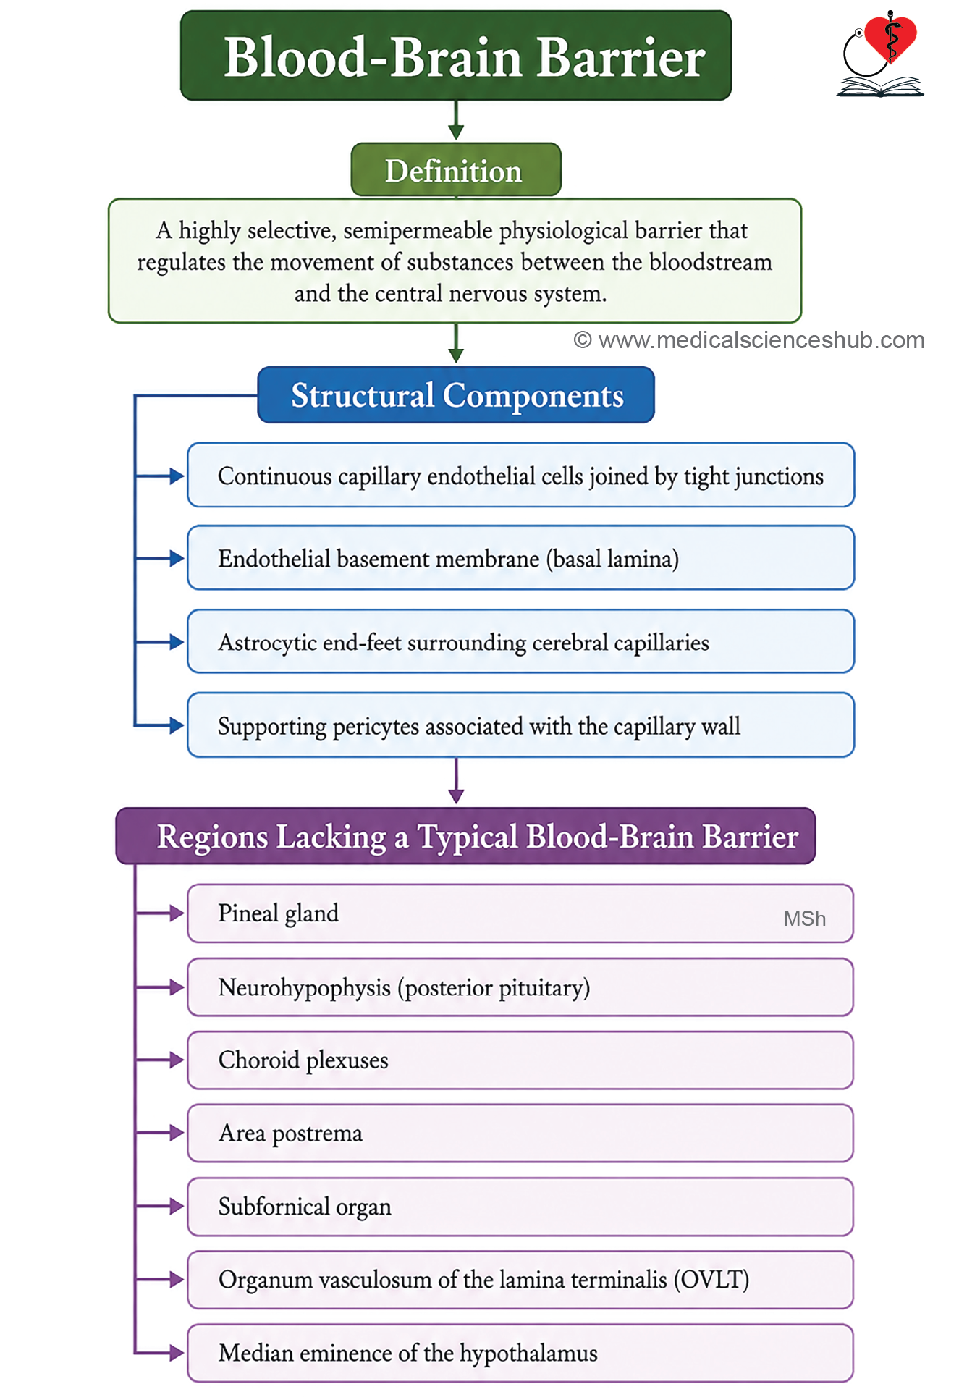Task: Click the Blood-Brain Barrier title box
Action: [456, 56]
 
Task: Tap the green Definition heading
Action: [456, 170]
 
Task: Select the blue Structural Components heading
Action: [456, 395]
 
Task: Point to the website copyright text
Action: [749, 340]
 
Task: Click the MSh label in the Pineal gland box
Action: [804, 919]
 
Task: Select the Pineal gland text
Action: [279, 913]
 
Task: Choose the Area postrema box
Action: [520, 1133]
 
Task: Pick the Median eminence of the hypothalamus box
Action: [520, 1353]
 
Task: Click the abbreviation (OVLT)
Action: [711, 1280]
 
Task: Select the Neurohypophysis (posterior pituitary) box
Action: [520, 987]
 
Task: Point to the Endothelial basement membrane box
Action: [521, 558]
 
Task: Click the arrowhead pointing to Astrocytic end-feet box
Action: [177, 642]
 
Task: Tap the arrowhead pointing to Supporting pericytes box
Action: [177, 725]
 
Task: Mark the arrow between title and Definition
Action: [456, 120]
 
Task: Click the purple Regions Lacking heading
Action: [466, 836]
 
